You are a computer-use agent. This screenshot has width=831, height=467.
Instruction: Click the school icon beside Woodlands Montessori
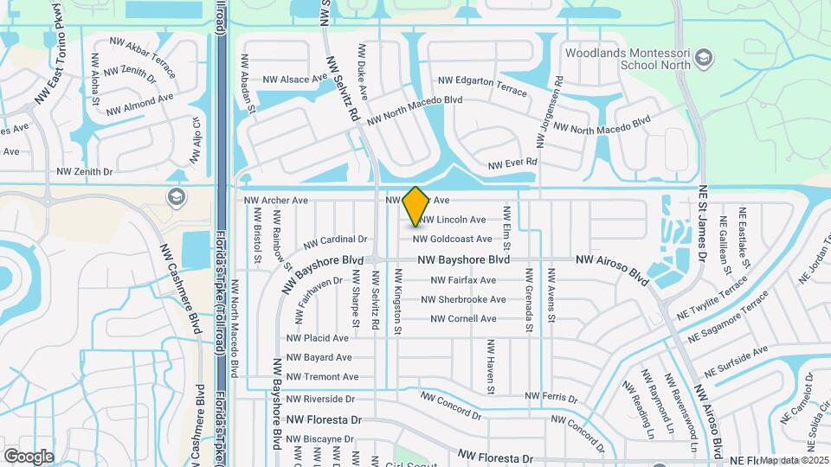(x=705, y=58)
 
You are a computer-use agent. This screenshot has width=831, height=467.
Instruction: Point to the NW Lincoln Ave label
(x=454, y=220)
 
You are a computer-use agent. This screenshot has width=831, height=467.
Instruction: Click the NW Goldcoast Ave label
(x=452, y=239)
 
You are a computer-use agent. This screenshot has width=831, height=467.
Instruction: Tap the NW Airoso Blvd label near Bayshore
(x=612, y=269)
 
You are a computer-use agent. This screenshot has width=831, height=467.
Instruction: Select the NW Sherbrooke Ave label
(x=463, y=299)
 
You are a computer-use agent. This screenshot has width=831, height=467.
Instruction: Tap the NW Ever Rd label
(x=512, y=163)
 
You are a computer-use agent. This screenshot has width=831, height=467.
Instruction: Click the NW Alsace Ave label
(x=295, y=80)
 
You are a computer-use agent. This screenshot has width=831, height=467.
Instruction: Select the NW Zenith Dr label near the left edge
(x=85, y=172)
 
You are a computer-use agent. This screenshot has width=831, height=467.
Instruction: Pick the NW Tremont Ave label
(x=322, y=377)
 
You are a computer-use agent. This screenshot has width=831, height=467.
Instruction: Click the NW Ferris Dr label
(x=551, y=396)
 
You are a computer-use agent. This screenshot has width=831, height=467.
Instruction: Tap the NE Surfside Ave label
(x=736, y=362)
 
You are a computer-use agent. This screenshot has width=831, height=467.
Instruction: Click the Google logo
(x=29, y=456)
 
